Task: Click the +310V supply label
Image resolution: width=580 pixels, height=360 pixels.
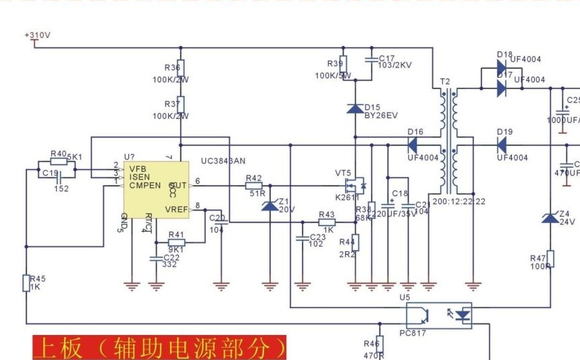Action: (38, 34)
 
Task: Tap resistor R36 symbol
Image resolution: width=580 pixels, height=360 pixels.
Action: (180, 69)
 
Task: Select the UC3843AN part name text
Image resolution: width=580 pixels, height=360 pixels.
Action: (223, 161)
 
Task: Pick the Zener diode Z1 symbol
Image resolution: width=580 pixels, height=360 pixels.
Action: (269, 205)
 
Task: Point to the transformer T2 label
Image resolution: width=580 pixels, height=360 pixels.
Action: (444, 81)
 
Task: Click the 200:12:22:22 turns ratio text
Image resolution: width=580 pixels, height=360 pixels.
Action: (458, 202)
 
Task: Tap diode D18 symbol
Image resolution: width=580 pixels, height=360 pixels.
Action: (501, 68)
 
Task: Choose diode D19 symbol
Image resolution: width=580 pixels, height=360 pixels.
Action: (501, 145)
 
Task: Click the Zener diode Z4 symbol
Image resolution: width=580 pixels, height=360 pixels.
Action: (550, 217)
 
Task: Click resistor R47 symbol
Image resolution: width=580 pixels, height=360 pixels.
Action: (550, 259)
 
